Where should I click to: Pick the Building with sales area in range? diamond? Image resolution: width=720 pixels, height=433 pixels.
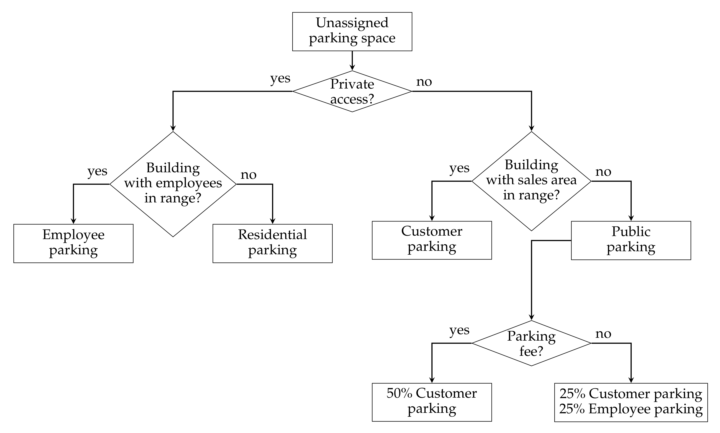click(531, 181)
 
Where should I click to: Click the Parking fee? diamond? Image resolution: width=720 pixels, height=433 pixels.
click(531, 343)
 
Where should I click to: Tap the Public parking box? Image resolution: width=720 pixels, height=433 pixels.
click(631, 240)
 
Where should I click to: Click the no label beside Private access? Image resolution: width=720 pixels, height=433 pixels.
click(424, 82)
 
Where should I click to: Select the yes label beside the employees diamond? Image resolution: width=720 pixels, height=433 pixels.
click(97, 172)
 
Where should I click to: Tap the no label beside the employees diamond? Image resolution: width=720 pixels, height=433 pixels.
click(248, 175)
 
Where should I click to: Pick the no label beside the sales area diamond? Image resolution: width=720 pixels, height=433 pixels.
click(603, 172)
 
